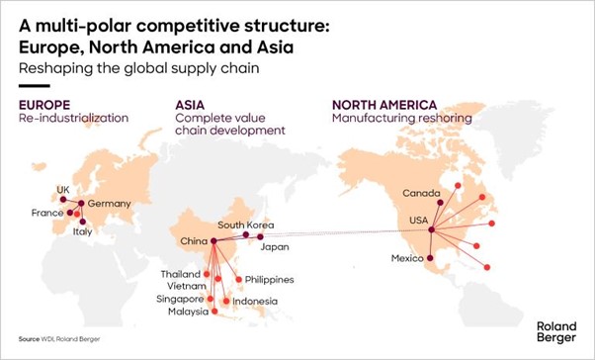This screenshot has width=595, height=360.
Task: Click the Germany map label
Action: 109,204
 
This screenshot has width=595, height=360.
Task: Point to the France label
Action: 46,213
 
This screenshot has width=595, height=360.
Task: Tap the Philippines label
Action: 269,279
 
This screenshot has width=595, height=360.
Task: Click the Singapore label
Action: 180,298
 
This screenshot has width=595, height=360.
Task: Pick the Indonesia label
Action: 256,301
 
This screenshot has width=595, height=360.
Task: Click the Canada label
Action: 422,192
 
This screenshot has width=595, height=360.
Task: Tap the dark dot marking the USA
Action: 431,230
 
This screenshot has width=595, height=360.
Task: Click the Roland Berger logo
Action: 555,329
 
